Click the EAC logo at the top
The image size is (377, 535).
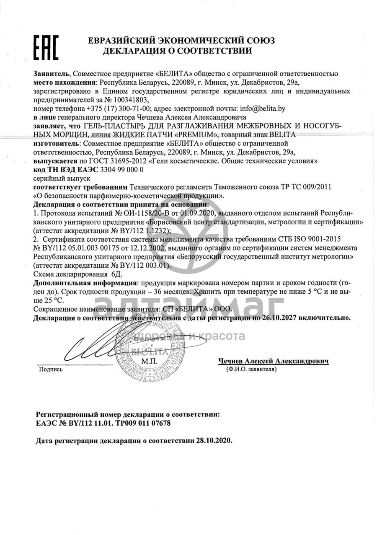(x=46, y=47)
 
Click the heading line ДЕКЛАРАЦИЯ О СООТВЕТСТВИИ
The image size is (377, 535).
(x=177, y=51)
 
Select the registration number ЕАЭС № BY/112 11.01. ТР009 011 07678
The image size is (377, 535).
(x=103, y=423)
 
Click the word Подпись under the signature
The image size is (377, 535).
(x=51, y=370)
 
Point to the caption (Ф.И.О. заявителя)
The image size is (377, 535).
(x=250, y=369)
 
